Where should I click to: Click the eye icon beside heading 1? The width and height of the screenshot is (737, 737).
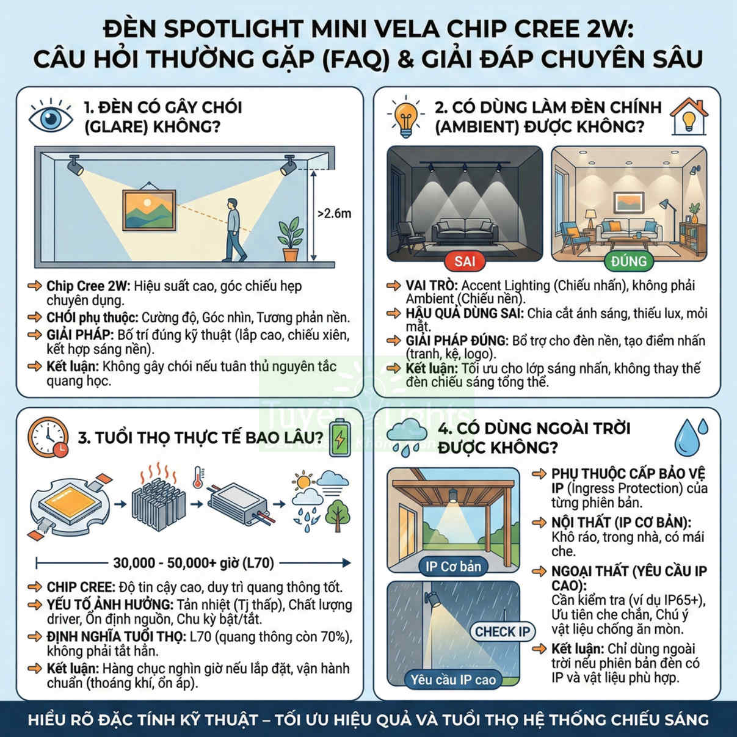tap(51, 116)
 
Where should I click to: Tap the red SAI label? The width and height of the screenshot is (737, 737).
tap(465, 261)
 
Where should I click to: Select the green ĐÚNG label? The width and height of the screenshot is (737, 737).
tap(628, 261)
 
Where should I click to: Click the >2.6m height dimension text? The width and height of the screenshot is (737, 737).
tap(334, 214)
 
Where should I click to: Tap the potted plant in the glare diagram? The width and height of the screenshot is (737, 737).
tap(291, 239)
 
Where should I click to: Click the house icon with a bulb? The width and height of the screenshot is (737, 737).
tap(689, 116)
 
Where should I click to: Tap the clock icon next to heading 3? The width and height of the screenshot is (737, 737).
tap(48, 437)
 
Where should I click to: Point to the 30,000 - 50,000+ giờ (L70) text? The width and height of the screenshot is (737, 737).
tap(194, 563)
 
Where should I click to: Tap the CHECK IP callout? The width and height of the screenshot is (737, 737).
tap(503, 631)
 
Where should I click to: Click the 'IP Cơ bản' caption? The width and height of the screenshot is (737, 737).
tap(453, 567)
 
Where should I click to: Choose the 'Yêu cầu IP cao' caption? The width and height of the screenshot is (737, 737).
tap(453, 680)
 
